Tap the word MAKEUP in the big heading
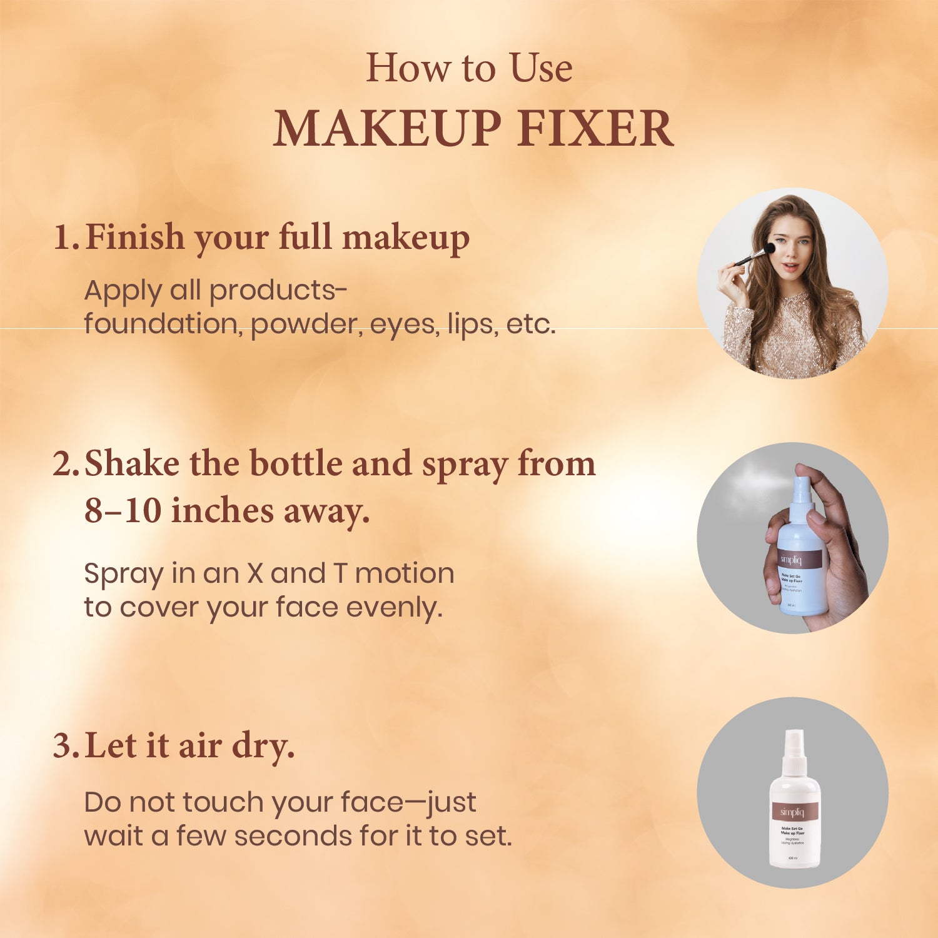coord(387,128)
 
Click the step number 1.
coord(64,238)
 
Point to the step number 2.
coord(64,464)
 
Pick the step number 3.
coord(64,745)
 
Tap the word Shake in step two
coord(131,464)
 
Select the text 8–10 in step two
coord(123,511)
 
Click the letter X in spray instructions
coord(254,573)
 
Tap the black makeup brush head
coord(770,248)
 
